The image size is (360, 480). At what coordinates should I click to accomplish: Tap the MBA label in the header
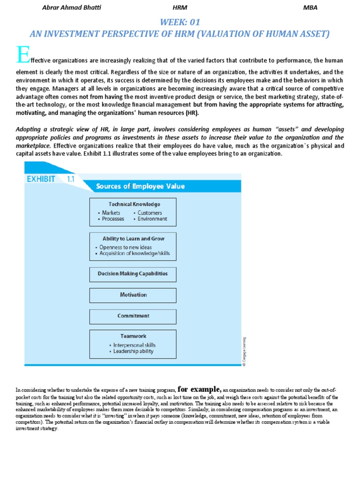click(x=310, y=7)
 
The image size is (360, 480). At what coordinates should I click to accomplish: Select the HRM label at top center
click(x=180, y=7)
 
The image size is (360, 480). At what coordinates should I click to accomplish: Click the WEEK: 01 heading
click(x=180, y=22)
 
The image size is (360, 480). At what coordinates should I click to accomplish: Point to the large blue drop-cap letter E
click(x=22, y=55)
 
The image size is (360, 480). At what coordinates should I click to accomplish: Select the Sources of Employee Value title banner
click(x=140, y=186)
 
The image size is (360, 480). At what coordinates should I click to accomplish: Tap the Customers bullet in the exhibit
click(x=150, y=213)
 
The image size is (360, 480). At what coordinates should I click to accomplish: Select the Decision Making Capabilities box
click(x=133, y=274)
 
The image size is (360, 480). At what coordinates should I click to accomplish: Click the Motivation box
click(x=133, y=295)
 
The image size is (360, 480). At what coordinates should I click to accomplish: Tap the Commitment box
click(x=133, y=316)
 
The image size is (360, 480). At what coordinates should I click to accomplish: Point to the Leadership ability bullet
click(x=133, y=351)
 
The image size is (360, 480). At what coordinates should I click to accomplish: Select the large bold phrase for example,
click(x=200, y=389)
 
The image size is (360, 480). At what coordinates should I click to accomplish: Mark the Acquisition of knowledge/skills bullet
click(x=135, y=254)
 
